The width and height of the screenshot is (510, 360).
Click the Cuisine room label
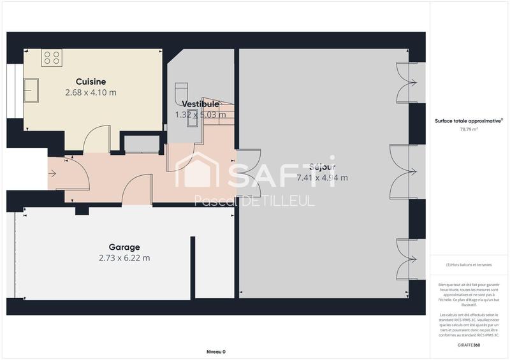coord(91,82)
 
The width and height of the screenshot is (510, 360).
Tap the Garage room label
coord(124,247)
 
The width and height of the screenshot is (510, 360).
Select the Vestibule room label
coord(200,104)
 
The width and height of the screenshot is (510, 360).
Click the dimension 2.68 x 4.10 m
coord(91,92)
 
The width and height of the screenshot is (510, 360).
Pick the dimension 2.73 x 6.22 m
coord(124,258)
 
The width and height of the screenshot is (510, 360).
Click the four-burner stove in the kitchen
coord(52,59)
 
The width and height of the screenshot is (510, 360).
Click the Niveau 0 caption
coord(216,352)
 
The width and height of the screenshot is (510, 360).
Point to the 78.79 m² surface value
coord(469,129)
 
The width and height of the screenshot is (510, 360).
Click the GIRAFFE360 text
coord(469,345)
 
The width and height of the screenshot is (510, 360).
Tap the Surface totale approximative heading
coord(469,120)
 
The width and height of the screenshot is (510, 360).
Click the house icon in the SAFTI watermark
coord(196,170)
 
